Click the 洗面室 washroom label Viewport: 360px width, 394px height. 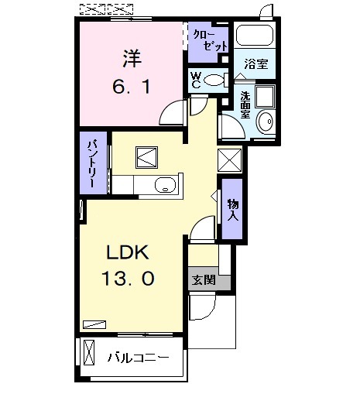[245, 104]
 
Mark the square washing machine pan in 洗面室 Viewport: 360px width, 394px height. [265, 96]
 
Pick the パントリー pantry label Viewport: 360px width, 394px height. [92, 163]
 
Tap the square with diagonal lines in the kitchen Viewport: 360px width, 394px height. [147, 157]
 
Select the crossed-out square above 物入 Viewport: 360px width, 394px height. [231, 160]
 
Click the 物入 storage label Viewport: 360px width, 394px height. [232, 208]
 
